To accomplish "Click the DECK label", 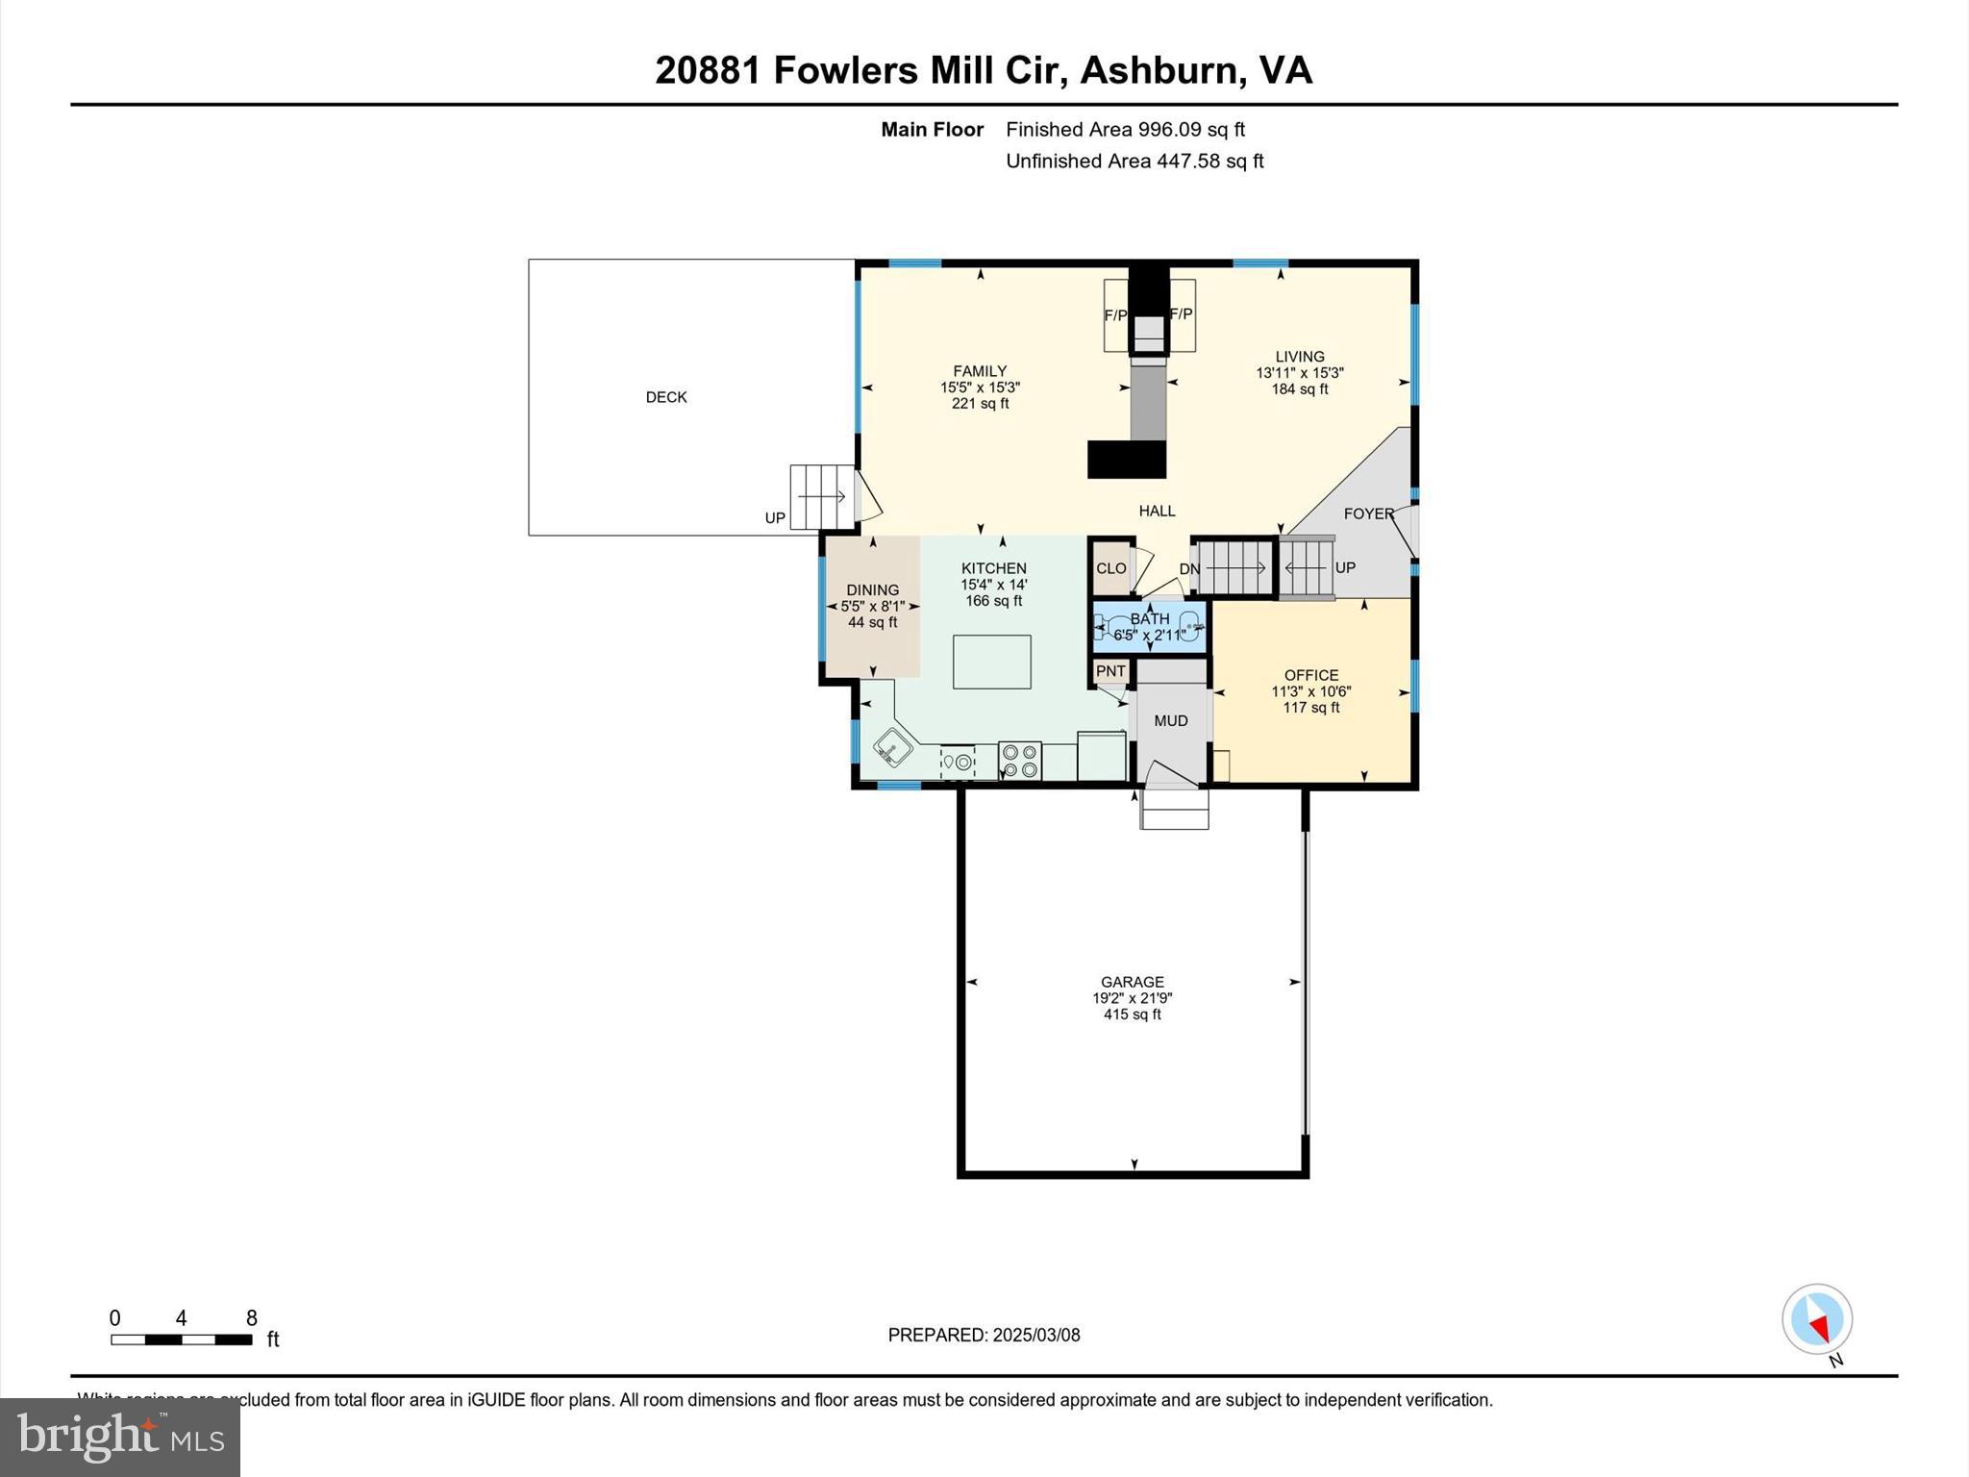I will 666,397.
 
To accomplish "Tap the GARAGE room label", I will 1132,982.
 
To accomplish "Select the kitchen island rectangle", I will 991,662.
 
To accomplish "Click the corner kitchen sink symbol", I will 893,747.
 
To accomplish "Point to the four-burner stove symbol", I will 1020,761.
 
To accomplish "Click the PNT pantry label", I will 1110,671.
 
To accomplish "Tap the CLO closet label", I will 1110,568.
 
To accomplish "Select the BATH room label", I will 1150,618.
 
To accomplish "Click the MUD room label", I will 1170,720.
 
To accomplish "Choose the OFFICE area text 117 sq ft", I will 1310,708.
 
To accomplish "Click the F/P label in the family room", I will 1115,315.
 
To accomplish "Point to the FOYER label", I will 1368,513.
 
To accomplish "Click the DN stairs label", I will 1189,568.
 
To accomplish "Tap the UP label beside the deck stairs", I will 775,517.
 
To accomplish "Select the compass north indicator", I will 1816,1319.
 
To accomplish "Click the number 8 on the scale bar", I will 251,1318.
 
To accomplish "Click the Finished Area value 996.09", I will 1170,129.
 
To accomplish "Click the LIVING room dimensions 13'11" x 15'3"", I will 1299,373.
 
